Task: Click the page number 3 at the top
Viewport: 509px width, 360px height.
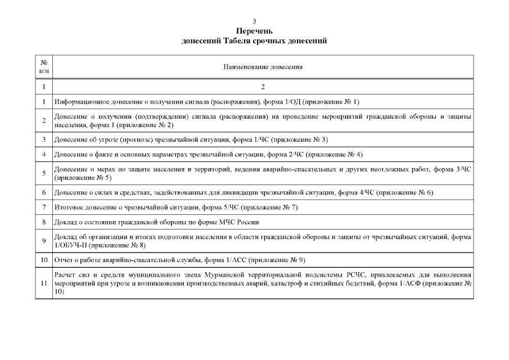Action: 254,21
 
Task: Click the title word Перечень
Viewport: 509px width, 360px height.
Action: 254,31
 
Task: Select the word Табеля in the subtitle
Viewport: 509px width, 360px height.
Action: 242,40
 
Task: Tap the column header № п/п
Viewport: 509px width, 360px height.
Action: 44,66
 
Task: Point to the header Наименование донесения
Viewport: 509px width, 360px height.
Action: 263,66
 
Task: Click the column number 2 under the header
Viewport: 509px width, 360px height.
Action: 263,87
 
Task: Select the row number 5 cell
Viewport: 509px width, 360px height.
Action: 44,173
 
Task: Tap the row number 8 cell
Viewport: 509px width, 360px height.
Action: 44,222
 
